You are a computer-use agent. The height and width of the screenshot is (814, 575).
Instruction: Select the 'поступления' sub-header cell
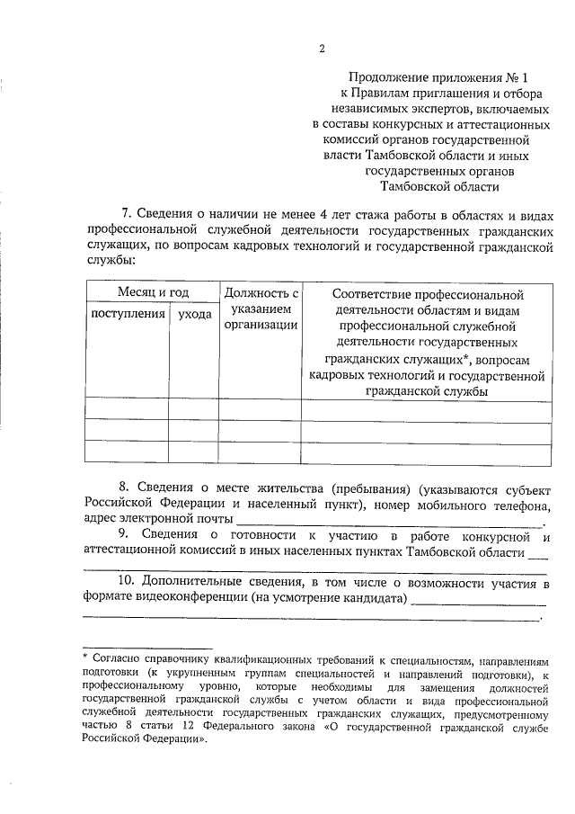tap(127, 314)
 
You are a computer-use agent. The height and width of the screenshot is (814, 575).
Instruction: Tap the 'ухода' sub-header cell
tap(194, 314)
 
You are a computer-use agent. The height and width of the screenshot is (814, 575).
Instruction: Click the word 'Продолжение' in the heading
tap(387, 77)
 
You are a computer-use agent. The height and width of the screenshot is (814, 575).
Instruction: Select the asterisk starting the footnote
tap(84, 659)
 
